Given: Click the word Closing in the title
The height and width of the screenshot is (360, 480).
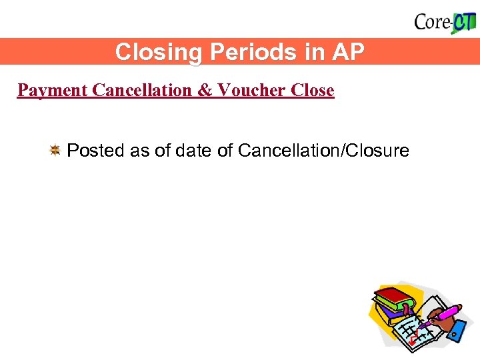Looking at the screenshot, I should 149,52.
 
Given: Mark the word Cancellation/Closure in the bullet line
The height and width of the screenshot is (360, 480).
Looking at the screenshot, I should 323,151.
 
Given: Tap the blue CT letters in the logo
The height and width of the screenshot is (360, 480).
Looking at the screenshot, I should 464,22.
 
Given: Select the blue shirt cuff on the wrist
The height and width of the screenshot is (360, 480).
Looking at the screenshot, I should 456,332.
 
